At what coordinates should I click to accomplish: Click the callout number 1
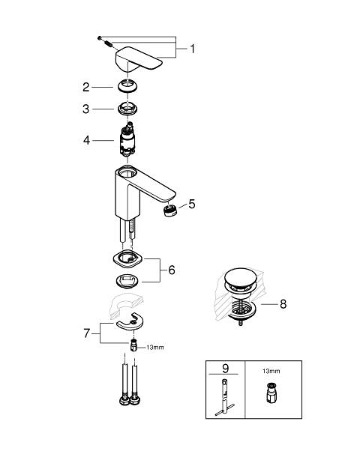(193, 49)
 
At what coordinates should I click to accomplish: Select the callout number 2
(86, 87)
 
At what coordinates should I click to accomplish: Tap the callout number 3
(85, 109)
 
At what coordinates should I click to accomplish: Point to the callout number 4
(86, 140)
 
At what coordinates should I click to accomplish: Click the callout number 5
(192, 204)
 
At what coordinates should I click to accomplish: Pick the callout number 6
(172, 270)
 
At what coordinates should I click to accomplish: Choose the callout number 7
(87, 333)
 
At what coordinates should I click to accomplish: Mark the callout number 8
(283, 304)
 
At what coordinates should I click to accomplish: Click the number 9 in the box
(225, 369)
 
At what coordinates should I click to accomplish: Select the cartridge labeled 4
(127, 139)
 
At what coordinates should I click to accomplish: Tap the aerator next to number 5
(170, 210)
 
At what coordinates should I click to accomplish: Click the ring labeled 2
(127, 86)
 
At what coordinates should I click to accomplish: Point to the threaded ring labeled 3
(127, 109)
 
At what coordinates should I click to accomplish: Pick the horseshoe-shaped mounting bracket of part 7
(130, 321)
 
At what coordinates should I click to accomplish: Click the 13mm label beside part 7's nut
(155, 347)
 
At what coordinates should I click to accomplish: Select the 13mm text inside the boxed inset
(271, 371)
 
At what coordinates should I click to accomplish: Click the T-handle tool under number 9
(225, 397)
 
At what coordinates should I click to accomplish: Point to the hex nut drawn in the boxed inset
(271, 393)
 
